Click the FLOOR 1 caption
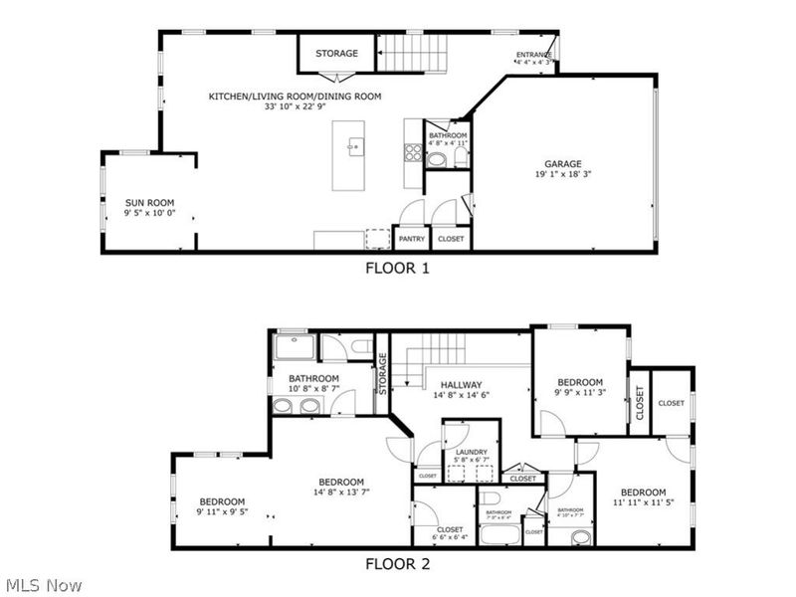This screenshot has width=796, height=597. pos(397,267)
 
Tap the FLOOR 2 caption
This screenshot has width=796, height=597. pos(397,563)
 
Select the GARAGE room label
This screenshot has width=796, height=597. pos(562,164)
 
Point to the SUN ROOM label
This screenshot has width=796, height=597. pos(142,202)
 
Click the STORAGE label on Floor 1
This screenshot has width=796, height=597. pos(336,53)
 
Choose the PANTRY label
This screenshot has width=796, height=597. pos(412,239)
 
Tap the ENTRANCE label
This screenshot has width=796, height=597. pos(533,54)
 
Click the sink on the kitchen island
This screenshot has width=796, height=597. pos(351,147)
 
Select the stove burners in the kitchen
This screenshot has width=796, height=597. pos(412,152)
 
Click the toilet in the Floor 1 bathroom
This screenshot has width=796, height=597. pos(435,158)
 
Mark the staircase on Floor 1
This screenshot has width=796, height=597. pos(411,52)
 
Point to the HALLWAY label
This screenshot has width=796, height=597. pos(461,385)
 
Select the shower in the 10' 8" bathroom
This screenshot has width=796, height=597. pos(295,347)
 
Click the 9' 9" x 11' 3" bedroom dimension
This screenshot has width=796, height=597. pos(579,393)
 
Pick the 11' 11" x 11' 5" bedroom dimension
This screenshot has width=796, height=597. pos(643,502)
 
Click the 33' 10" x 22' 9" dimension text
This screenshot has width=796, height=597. pos(295,107)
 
